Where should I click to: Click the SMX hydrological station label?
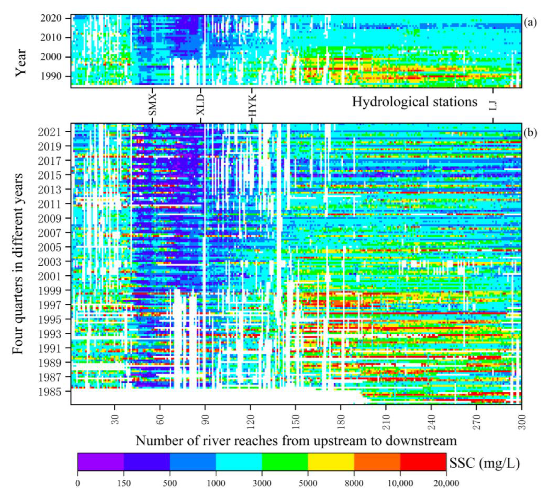(153, 105)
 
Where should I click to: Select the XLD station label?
(200, 105)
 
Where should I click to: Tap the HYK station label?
(252, 105)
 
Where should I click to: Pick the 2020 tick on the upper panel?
(51, 18)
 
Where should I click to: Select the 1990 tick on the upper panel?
(51, 76)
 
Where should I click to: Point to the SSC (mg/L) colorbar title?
(484, 463)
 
